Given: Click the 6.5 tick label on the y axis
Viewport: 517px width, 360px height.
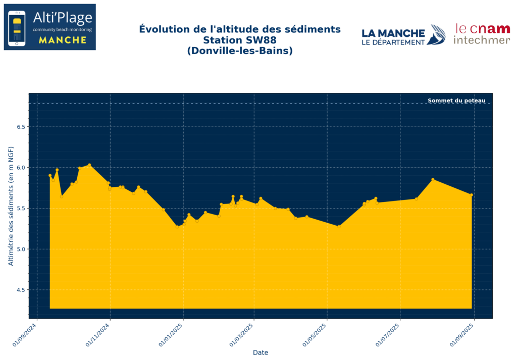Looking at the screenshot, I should [20, 127].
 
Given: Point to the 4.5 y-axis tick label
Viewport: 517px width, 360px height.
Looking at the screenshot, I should [20, 290].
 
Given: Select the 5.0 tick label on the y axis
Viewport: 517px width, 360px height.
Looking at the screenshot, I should [20, 249].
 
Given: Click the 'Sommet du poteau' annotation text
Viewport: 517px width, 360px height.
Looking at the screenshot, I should [456, 100].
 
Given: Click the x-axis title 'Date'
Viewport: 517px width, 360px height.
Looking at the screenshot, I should [261, 352].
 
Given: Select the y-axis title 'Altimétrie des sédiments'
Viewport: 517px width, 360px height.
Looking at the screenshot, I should [11, 205].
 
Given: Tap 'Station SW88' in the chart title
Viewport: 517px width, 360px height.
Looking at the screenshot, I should [240, 40].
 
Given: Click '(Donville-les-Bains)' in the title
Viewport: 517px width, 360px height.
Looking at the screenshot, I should [240, 51].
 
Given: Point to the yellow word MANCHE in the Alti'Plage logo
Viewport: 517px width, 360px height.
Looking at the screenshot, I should [63, 40].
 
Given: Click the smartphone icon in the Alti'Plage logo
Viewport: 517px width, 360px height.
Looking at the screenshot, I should [18, 28].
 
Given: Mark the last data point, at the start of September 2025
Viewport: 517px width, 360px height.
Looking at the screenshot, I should [472, 195].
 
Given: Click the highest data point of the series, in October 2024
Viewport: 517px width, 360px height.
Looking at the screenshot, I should [89, 165].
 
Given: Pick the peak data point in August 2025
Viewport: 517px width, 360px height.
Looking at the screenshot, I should [433, 179].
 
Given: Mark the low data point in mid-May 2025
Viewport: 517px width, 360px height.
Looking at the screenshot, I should [339, 226].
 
